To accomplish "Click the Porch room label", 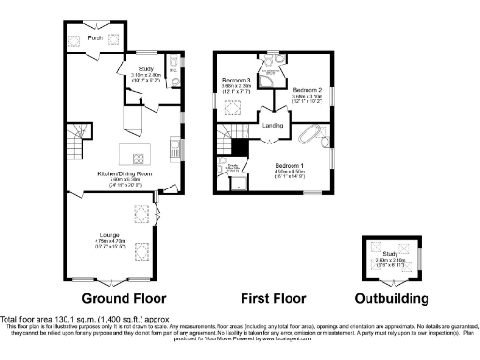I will coord(95,38).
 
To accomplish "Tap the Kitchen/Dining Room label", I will coord(118,173).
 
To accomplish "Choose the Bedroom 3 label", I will coord(235,82).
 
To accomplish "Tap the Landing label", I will coord(273,124).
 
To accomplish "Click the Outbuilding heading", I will coord(393,299).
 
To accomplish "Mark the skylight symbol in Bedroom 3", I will coord(230,104).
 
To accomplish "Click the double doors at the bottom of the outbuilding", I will coord(393,280).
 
